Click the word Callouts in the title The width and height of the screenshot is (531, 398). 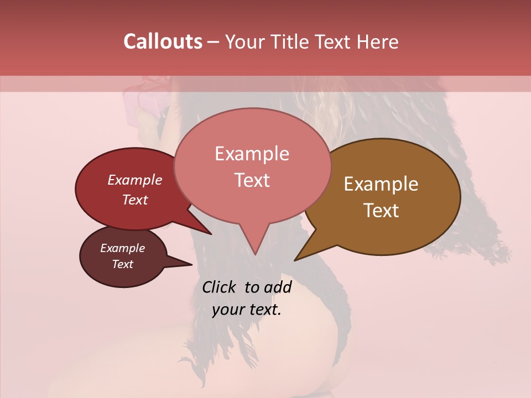(x=163, y=41)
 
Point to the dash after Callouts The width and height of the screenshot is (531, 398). (x=213, y=42)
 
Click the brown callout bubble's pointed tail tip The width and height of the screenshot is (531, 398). (x=295, y=260)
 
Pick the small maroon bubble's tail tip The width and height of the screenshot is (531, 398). (x=192, y=264)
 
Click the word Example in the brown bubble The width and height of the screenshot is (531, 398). (x=381, y=184)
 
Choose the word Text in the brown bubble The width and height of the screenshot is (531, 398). (x=381, y=211)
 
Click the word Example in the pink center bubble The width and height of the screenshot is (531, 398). (x=252, y=154)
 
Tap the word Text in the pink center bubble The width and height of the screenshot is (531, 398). (x=252, y=180)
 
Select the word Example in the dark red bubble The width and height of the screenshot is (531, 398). (x=135, y=180)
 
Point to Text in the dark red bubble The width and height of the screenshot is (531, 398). (x=135, y=200)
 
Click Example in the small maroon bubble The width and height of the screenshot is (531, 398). (x=122, y=248)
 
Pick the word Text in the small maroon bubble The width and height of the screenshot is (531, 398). (x=122, y=264)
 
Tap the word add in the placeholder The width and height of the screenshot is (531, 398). (x=278, y=287)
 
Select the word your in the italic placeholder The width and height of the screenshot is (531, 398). (x=228, y=310)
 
